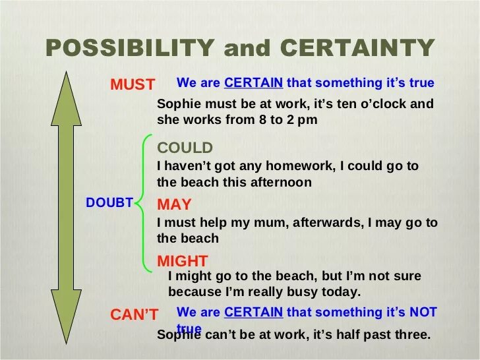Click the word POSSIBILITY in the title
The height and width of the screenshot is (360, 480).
pyautogui.click(x=130, y=48)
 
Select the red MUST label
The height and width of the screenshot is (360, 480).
pyautogui.click(x=133, y=85)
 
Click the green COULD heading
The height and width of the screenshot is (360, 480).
pyautogui.click(x=185, y=148)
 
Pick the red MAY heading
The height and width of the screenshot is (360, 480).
pyautogui.click(x=174, y=204)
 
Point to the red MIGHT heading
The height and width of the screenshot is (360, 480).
pyautogui.click(x=183, y=260)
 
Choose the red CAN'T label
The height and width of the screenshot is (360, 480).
pyautogui.click(x=134, y=316)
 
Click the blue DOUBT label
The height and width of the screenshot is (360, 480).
pyautogui.click(x=109, y=203)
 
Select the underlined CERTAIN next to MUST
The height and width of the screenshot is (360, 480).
pyautogui.click(x=253, y=83)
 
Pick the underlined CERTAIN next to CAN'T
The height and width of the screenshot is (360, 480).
pyautogui.click(x=253, y=312)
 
